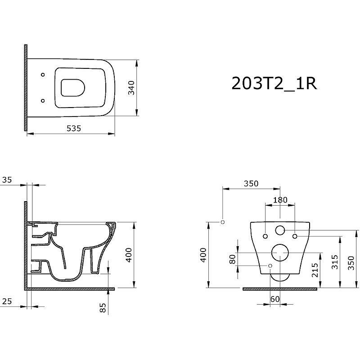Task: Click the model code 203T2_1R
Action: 274,83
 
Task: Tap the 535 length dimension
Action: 74,128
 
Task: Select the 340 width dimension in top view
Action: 131,88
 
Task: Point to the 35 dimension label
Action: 7,180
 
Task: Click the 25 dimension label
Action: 7,301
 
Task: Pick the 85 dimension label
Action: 103,308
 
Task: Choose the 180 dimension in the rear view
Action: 280,200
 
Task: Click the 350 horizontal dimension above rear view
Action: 251,184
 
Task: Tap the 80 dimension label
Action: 232,259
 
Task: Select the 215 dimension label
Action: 315,270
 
